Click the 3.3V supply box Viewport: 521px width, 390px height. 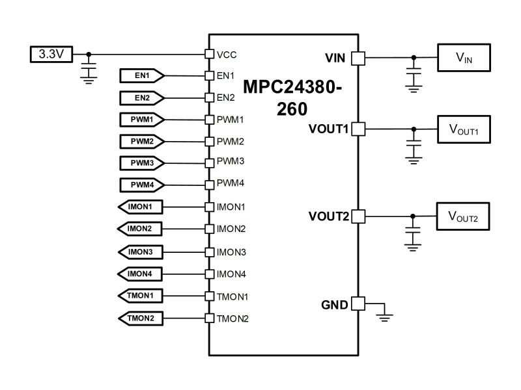[51, 54]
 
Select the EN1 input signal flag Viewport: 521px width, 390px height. [142, 75]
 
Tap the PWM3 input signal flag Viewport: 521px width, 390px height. [142, 163]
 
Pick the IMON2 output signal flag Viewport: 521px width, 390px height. [140, 229]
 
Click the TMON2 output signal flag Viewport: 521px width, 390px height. [141, 318]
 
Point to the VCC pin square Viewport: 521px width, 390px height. [209, 54]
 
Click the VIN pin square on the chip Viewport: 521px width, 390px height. [358, 58]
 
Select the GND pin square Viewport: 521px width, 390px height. [358, 304]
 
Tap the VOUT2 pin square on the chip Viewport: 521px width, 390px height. [358, 216]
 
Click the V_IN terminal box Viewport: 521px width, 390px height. [464, 58]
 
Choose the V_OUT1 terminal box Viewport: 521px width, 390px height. [464, 129]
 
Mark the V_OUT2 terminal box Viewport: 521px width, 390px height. [463, 216]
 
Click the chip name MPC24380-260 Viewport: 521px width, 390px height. [292, 98]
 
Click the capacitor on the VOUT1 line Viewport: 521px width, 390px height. [414, 146]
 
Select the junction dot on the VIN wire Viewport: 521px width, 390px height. [414, 58]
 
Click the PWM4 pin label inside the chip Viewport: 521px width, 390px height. [231, 183]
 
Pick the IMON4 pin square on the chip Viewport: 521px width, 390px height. [209, 274]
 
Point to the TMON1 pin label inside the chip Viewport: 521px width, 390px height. [232, 296]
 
